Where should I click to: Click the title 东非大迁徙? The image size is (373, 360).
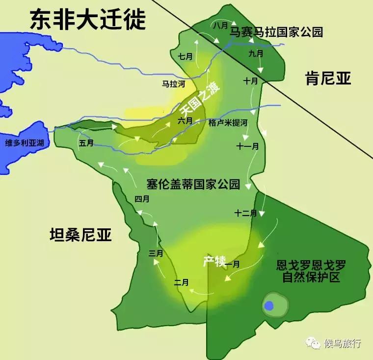pyautogui.click(x=88, y=20)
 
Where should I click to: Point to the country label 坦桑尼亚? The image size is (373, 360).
pyautogui.click(x=81, y=235)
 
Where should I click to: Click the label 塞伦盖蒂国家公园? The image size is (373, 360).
pyautogui.click(x=193, y=185)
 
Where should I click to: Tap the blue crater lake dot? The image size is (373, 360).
pyautogui.click(x=268, y=305)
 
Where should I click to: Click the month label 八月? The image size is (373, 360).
pyautogui.click(x=221, y=25)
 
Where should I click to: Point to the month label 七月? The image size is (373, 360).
pyautogui.click(x=186, y=56)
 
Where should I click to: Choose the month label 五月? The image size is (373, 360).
pyautogui.click(x=86, y=143)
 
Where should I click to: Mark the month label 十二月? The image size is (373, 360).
pyautogui.click(x=245, y=213)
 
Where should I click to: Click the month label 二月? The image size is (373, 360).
pyautogui.click(x=182, y=282)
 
